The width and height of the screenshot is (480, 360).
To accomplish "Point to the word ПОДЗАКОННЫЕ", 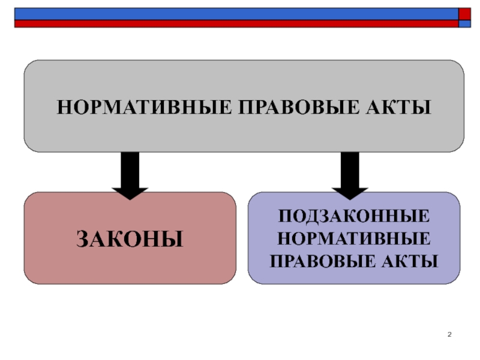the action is click(x=353, y=216).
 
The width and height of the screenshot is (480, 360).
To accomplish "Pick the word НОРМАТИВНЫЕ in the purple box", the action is click(x=353, y=238).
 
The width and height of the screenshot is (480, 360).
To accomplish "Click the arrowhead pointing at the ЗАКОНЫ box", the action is click(x=130, y=191).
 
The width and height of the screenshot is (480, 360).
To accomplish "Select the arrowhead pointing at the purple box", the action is click(x=350, y=191).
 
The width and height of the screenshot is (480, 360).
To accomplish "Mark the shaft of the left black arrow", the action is click(x=130, y=168).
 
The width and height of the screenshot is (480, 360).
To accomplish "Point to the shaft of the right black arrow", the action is click(x=350, y=168).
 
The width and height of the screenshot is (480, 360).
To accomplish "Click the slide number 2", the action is click(x=449, y=334).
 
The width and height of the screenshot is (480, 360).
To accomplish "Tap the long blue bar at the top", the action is click(x=234, y=14).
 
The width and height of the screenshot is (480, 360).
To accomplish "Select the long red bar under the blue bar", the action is click(x=234, y=24).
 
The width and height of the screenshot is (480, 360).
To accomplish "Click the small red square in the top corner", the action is click(x=464, y=14).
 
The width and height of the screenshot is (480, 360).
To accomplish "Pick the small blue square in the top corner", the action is click(x=464, y=24).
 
